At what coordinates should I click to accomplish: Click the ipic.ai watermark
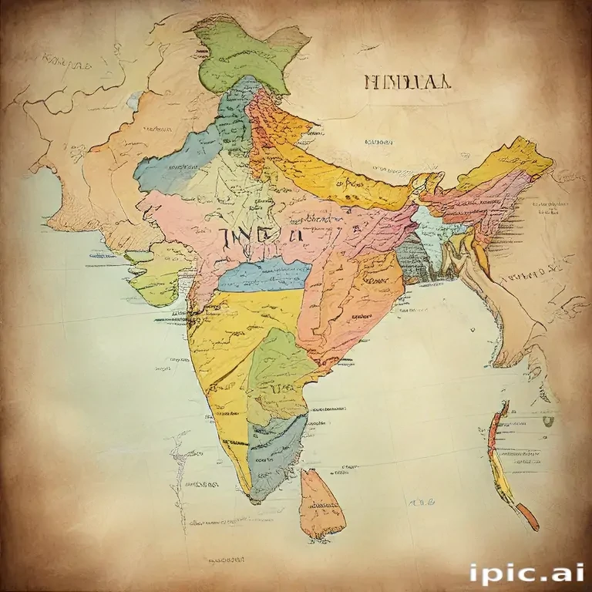click(526, 573)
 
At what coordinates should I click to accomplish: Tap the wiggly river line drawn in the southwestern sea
click(179, 470)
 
